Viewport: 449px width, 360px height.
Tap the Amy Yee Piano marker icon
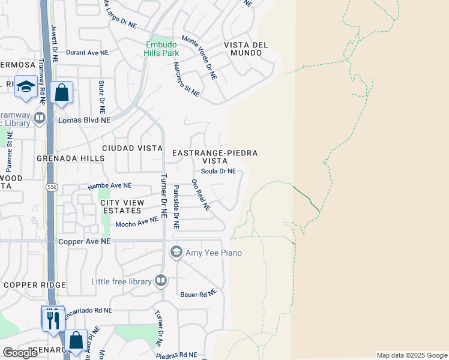click(x=176, y=252)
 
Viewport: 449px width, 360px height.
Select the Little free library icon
click(x=160, y=280)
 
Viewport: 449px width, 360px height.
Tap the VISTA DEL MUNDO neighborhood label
click(x=243, y=49)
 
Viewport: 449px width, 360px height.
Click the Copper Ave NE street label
click(x=85, y=241)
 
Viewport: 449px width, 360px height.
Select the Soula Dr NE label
click(x=218, y=172)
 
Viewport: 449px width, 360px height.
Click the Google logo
click(x=20, y=353)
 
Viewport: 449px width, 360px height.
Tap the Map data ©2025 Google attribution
click(x=412, y=355)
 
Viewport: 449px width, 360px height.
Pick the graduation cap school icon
click(x=26, y=88)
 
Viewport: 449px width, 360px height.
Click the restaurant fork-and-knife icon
click(x=53, y=319)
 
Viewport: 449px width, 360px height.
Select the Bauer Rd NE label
click(x=198, y=295)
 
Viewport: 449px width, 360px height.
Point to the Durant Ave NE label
click(x=87, y=53)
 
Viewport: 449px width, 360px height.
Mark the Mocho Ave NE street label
click(x=136, y=223)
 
